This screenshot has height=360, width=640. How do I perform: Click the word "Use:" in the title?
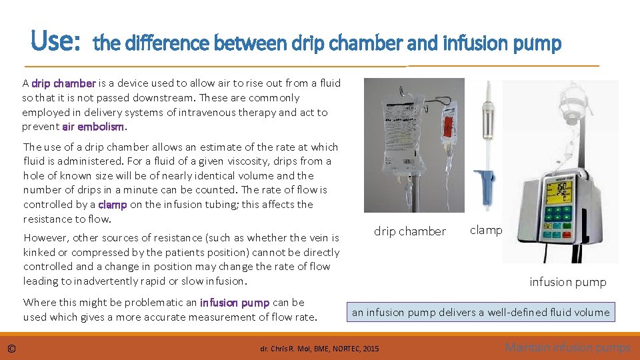55,42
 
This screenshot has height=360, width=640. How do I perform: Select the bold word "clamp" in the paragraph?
112,205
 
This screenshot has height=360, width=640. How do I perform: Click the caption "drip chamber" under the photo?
409,231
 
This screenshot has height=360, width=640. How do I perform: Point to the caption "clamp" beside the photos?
486,230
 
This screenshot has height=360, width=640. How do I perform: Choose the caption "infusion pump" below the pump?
567,282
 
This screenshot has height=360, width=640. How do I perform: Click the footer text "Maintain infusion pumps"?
567,347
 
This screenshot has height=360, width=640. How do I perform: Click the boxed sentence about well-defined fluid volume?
480,312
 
